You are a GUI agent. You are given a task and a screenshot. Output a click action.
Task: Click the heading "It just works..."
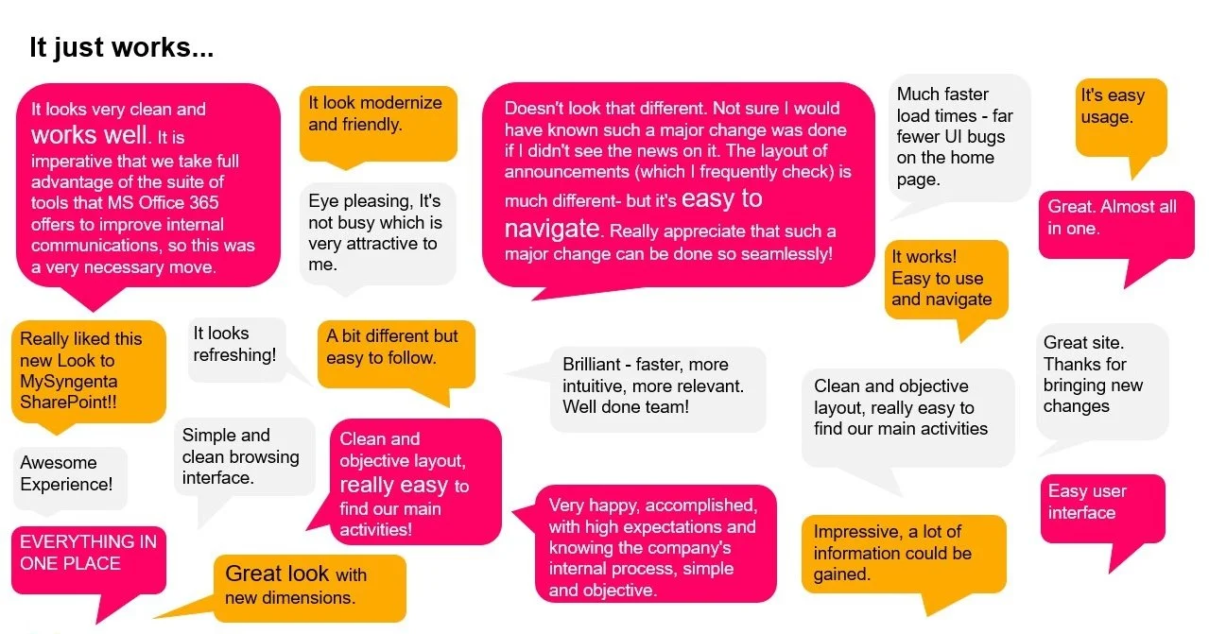click(x=121, y=48)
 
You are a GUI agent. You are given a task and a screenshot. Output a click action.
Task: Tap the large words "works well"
click(x=89, y=134)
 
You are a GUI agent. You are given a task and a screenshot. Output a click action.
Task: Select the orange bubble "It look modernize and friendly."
click(x=378, y=124)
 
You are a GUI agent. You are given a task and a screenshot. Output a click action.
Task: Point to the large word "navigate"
click(x=552, y=230)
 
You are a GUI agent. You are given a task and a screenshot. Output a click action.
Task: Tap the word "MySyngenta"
click(x=69, y=382)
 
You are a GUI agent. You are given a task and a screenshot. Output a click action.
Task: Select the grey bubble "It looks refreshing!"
click(x=236, y=350)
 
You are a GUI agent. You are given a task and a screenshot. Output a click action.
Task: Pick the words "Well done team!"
click(x=626, y=407)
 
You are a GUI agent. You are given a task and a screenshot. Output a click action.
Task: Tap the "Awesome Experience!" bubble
click(x=70, y=477)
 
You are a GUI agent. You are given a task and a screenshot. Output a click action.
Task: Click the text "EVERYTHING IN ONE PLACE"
click(x=89, y=553)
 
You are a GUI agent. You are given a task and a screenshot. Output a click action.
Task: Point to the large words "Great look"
click(x=277, y=574)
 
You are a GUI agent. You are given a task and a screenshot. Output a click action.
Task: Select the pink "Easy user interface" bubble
click(x=1103, y=510)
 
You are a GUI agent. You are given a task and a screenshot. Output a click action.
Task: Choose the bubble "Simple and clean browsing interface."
click(x=244, y=458)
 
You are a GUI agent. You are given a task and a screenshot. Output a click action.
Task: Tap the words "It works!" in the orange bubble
click(x=924, y=257)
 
